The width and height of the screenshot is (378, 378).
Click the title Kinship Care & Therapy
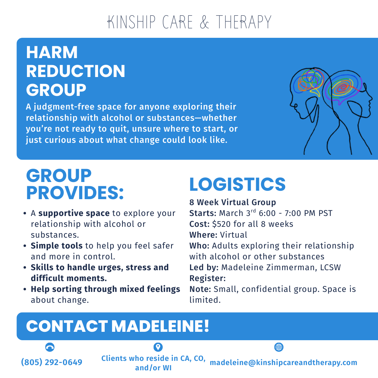(189, 22)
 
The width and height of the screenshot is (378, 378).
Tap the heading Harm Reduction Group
(76, 71)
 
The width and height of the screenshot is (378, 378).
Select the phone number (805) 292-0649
(52, 362)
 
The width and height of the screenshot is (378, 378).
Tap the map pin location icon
(158, 347)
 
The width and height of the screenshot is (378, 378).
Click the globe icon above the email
(279, 347)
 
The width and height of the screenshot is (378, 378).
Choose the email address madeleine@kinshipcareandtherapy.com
(283, 363)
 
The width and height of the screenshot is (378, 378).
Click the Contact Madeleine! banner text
(118, 326)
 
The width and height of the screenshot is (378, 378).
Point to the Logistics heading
(237, 184)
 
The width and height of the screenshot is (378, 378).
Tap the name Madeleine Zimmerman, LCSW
(281, 268)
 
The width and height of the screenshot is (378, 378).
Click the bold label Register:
(208, 279)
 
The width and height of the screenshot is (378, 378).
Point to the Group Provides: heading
(75, 184)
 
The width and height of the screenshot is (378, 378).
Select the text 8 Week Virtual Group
(233, 202)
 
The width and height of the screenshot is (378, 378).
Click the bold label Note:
(200, 289)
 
